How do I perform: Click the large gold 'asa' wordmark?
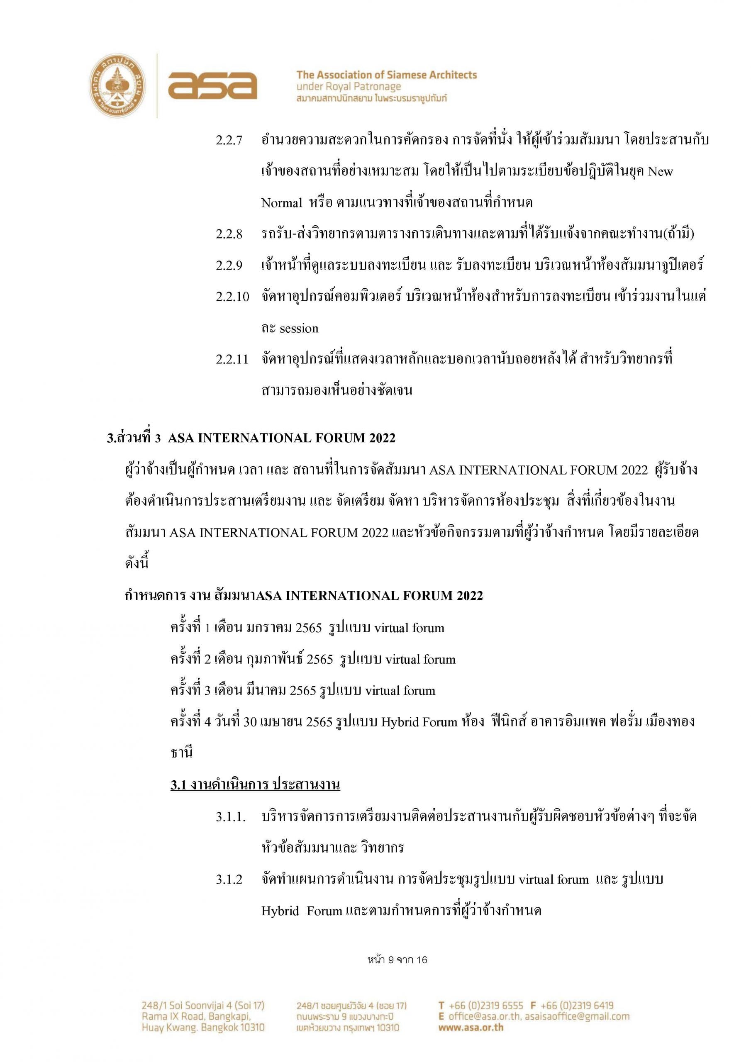(212, 85)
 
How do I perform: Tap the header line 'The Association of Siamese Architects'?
(386, 75)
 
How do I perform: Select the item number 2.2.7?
(229, 141)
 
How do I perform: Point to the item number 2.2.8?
(229, 234)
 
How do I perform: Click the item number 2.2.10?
(232, 297)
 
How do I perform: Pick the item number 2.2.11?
(232, 359)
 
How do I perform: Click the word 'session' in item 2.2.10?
(299, 329)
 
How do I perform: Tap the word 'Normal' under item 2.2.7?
(281, 203)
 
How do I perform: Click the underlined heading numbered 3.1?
(255, 785)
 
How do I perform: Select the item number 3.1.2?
(229, 879)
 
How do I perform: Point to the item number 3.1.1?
(230, 817)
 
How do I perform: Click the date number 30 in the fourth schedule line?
(250, 722)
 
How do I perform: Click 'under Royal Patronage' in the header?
(349, 87)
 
